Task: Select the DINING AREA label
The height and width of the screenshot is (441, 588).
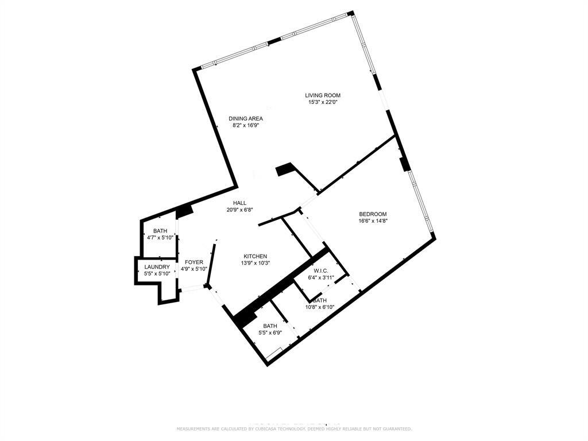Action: pyautogui.click(x=246, y=118)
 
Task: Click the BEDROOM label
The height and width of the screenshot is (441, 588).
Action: pyautogui.click(x=373, y=214)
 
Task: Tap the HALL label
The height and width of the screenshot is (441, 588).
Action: pyautogui.click(x=239, y=203)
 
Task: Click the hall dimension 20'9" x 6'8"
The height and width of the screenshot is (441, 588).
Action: pyautogui.click(x=239, y=210)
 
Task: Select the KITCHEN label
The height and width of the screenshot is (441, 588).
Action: pyautogui.click(x=255, y=256)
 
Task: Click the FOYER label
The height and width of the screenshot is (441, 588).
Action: pyautogui.click(x=194, y=262)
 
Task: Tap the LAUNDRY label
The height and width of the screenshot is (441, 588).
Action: pyautogui.click(x=157, y=267)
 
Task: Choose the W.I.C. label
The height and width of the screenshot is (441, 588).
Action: pyautogui.click(x=320, y=271)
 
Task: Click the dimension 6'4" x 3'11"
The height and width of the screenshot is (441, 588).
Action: pyautogui.click(x=320, y=277)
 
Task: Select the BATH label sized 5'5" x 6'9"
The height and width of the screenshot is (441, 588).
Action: pyautogui.click(x=270, y=326)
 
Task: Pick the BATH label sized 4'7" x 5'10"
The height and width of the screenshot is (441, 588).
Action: pyautogui.click(x=160, y=231)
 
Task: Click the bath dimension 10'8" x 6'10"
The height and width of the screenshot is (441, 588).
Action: pyautogui.click(x=320, y=307)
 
